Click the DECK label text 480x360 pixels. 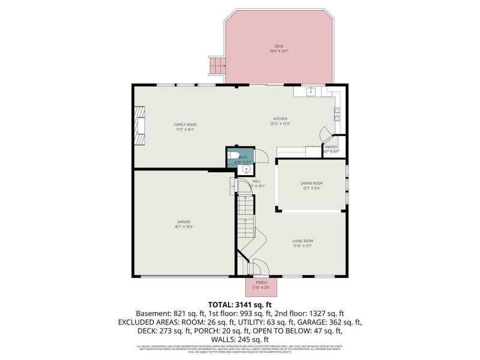[x=278, y=46]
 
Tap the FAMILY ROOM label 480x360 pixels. [x=185, y=125]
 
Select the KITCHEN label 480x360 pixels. [x=280, y=119]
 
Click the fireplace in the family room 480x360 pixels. [x=140, y=125]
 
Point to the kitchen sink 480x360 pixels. [x=311, y=92]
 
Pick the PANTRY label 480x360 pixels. [x=331, y=147]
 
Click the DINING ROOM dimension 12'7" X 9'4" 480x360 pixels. [x=311, y=188]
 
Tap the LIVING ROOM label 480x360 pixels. [x=302, y=241]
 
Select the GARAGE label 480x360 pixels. [x=184, y=222]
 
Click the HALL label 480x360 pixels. [x=256, y=181]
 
